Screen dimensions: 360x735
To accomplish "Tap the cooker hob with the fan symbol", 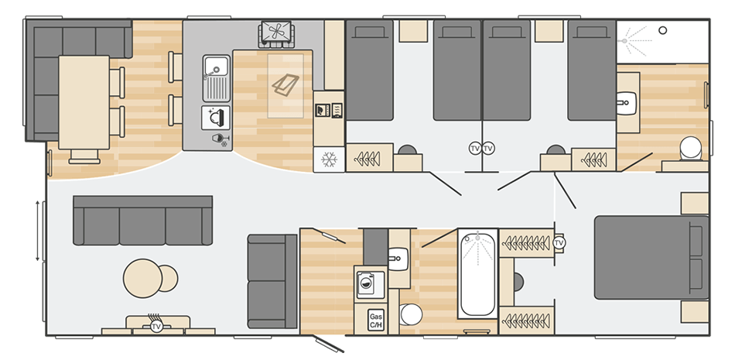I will [x=276, y=33].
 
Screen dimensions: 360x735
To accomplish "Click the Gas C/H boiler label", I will [x=376, y=321].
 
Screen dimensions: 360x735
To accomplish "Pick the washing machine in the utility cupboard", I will [x=367, y=283].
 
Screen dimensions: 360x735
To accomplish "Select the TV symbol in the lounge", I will [x=156, y=327].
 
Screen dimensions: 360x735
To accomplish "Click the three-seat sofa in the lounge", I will [x=142, y=220].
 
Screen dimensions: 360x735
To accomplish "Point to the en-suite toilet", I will [x=688, y=148].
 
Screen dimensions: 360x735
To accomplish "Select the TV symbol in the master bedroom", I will [x=559, y=243].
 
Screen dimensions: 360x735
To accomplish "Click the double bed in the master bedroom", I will [x=650, y=258].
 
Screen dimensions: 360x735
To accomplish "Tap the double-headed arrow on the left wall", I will [x=38, y=230].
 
